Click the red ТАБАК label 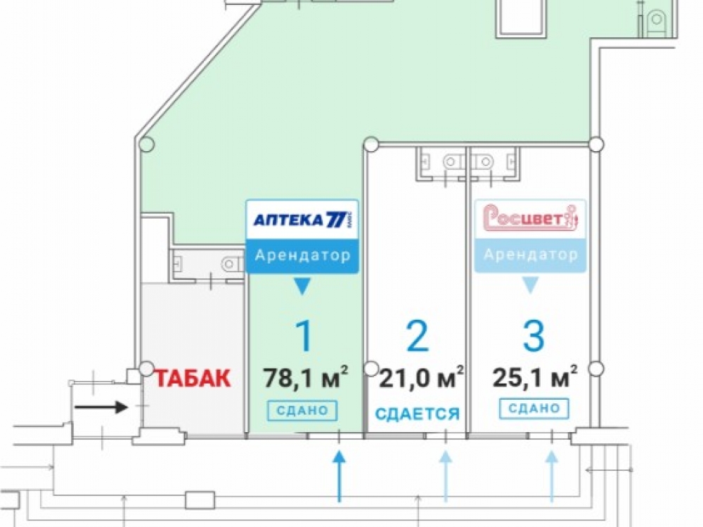(193, 378)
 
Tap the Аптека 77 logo (302, 219)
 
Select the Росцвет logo (530, 219)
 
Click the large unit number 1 (304, 336)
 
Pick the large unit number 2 (417, 336)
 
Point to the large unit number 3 (534, 336)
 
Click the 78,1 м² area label (305, 377)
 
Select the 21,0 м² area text (421, 377)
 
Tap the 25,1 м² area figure (535, 377)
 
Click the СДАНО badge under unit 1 (302, 410)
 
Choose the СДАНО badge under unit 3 (534, 408)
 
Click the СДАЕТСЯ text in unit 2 (418, 414)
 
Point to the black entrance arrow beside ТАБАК (101, 408)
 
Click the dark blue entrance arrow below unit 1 (340, 476)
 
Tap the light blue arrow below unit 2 (445, 476)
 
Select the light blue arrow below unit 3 (552, 476)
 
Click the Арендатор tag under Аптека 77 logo (302, 256)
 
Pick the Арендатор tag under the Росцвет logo (530, 255)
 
